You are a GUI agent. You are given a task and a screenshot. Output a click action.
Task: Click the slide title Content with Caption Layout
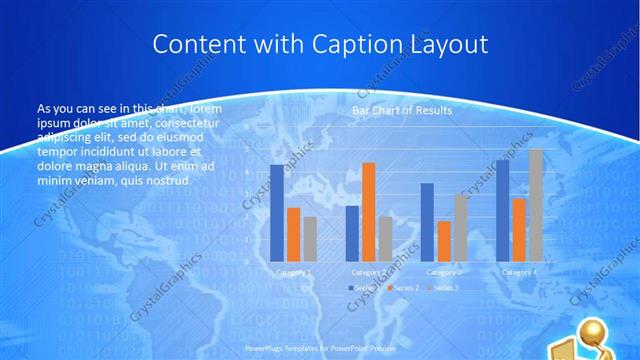(320, 44)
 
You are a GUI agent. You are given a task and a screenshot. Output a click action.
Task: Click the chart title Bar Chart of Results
(402, 110)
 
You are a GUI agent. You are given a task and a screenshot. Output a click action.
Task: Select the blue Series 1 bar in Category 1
(277, 212)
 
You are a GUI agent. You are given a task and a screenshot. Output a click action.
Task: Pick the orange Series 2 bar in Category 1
(293, 234)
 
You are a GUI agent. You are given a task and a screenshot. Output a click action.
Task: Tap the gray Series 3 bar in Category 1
(310, 239)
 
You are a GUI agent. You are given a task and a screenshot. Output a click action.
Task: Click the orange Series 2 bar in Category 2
(369, 211)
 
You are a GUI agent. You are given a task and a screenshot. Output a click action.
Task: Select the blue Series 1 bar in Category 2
(352, 233)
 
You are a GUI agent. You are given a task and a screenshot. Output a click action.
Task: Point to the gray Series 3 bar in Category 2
(385, 239)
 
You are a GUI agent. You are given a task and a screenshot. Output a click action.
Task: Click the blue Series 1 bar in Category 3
(427, 222)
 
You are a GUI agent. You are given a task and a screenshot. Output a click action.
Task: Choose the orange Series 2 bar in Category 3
(443, 241)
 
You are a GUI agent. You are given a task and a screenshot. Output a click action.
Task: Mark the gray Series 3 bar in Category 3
(460, 227)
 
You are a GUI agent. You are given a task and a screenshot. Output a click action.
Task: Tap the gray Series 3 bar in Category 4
(535, 205)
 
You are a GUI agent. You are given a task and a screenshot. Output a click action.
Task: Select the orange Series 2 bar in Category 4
(519, 229)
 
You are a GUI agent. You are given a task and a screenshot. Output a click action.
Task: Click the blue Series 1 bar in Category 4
(502, 211)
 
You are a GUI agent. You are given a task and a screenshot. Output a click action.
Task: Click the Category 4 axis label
(519, 272)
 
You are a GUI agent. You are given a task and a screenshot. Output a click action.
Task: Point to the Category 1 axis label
(293, 272)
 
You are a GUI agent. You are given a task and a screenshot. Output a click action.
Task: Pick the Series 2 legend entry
(405, 288)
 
